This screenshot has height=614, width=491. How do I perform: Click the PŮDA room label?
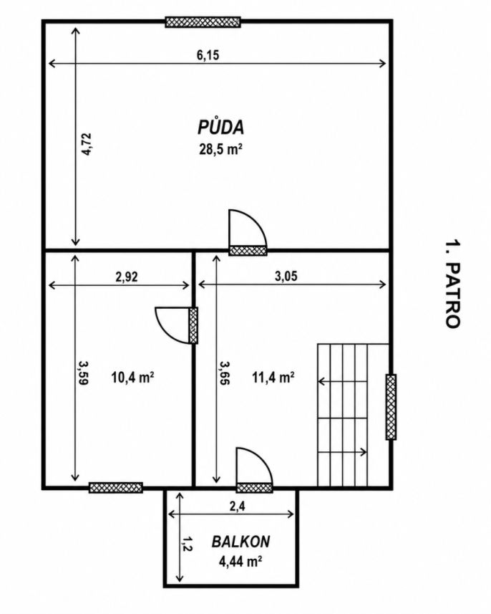coord(221,127)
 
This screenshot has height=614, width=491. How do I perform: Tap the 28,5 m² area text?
coord(220,149)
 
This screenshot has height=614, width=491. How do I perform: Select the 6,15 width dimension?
coord(208,55)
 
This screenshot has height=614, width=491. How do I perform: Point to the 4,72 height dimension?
coord(87,145)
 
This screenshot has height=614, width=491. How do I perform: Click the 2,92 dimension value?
coord(127,277)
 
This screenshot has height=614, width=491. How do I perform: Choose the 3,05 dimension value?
coord(286,276)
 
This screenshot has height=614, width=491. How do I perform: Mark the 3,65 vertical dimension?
coord(224,373)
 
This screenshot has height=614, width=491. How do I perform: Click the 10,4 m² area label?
coord(132,378)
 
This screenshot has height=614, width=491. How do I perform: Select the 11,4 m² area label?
coord(273,378)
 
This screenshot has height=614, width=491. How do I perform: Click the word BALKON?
coord(240,542)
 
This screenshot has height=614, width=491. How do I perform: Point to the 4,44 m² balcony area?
coord(240,562)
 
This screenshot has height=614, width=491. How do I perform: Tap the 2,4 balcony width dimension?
coord(238,507)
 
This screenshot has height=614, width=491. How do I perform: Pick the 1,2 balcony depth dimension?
coord(187,544)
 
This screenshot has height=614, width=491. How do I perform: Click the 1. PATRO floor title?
coord(452,284)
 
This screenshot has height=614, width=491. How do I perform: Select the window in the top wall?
coord(203,22)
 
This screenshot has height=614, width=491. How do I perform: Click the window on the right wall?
coord(391,407)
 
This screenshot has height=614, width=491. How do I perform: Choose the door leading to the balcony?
coord(255,470)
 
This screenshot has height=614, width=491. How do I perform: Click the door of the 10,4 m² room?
coord(177,325)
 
